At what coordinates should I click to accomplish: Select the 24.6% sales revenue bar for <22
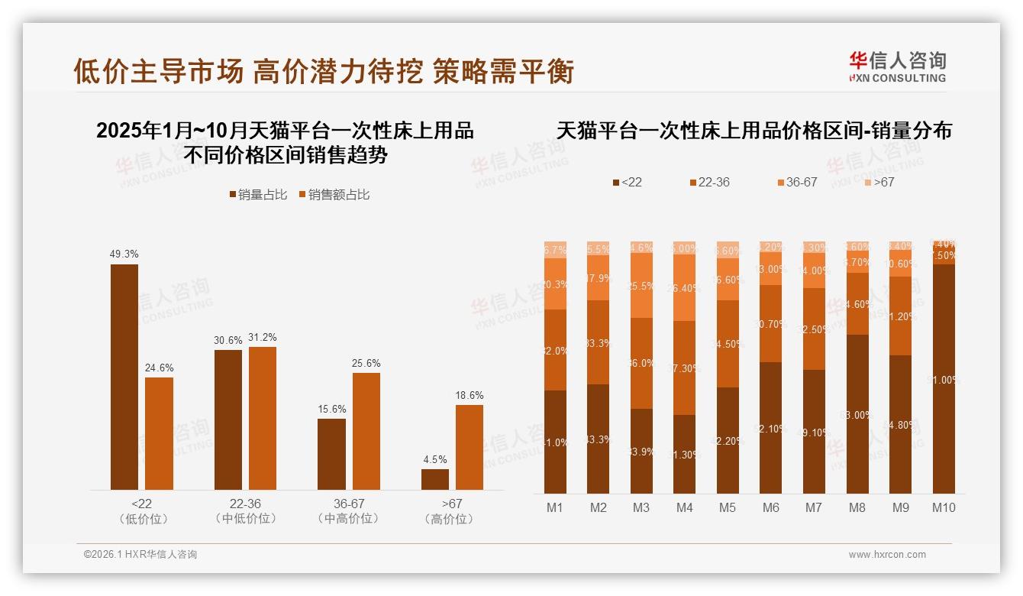159,433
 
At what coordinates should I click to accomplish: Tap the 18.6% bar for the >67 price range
470,447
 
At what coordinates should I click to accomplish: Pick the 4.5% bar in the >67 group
435,479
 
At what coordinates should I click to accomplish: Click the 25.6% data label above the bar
366,364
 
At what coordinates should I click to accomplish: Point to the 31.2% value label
263,338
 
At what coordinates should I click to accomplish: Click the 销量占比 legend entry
258,195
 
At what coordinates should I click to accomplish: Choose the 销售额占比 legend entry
334,195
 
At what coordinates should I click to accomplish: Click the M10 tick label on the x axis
944,507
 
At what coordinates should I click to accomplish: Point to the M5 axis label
728,507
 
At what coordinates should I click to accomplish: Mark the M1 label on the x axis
554,507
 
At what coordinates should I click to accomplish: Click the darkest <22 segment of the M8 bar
857,414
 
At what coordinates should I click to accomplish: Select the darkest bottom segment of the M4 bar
685,454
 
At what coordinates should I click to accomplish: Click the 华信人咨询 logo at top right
897,66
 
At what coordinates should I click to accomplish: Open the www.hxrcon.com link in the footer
887,555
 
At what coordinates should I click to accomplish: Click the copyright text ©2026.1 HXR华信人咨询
140,555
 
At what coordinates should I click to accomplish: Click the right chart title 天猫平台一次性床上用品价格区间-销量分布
754,131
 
